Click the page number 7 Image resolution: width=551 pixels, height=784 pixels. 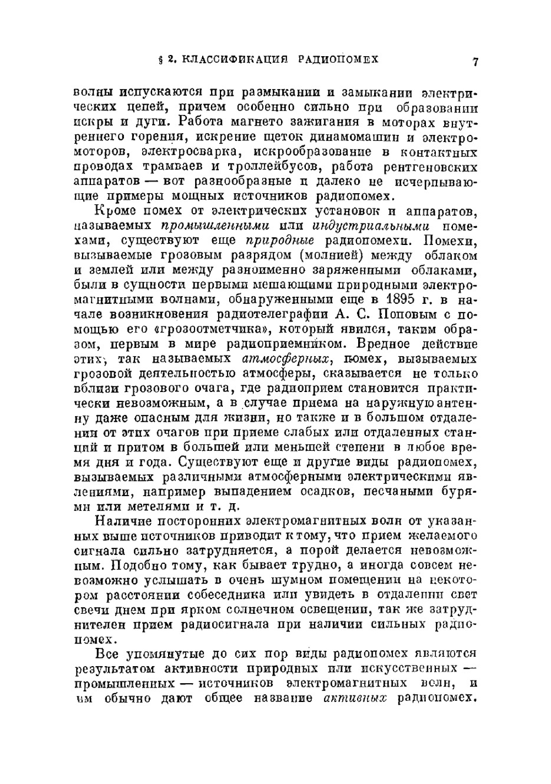(474, 62)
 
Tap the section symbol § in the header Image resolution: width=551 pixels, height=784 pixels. (160, 59)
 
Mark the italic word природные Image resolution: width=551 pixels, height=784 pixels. (279, 241)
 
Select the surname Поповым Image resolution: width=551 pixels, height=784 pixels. (396, 315)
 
